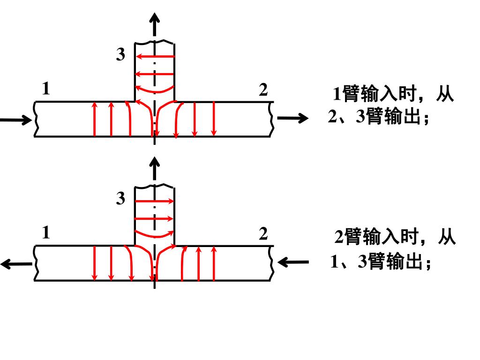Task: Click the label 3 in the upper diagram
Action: click(121, 55)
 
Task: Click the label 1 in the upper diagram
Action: click(45, 89)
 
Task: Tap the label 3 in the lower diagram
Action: click(121, 199)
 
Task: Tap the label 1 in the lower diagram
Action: click(45, 232)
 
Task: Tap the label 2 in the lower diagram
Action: click(263, 233)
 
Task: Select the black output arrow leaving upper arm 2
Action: click(292, 118)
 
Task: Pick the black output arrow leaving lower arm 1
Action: click(16, 264)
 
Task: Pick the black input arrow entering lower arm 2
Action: click(293, 262)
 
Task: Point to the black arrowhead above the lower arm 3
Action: click(155, 163)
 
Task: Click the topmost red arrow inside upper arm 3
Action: click(155, 57)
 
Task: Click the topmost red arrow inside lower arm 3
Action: click(155, 201)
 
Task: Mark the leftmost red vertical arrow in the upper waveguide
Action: click(94, 119)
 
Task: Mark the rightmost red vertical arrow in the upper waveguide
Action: click(214, 119)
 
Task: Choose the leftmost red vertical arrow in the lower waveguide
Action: click(94, 263)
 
